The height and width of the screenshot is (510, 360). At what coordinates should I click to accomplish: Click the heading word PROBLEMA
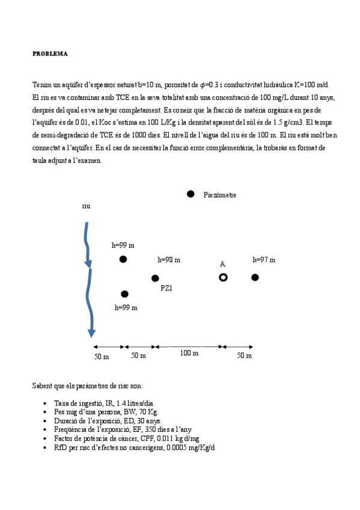click(x=50, y=54)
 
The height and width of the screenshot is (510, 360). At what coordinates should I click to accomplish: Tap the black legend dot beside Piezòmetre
click(x=191, y=194)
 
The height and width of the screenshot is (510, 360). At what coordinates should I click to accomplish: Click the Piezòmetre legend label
click(x=220, y=195)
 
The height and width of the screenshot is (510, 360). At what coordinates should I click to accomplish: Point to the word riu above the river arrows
click(x=86, y=206)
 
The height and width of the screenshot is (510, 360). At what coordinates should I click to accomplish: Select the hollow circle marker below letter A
click(x=223, y=277)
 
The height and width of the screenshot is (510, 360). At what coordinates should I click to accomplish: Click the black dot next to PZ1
click(x=155, y=278)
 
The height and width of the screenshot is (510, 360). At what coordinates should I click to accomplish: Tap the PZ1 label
click(x=166, y=288)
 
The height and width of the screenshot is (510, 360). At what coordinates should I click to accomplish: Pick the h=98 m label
click(x=169, y=260)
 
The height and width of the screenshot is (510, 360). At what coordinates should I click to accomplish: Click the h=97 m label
click(x=264, y=260)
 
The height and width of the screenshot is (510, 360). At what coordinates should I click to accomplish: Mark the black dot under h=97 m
click(x=255, y=277)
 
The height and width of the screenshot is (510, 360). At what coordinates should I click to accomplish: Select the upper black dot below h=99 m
click(x=123, y=259)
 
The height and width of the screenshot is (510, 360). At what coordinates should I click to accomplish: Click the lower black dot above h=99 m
click(x=124, y=294)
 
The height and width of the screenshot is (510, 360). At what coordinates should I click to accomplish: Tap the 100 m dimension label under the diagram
click(x=189, y=353)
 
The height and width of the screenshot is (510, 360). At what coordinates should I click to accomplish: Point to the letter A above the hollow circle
click(x=222, y=264)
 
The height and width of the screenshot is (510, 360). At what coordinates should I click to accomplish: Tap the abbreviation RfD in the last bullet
click(x=61, y=448)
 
